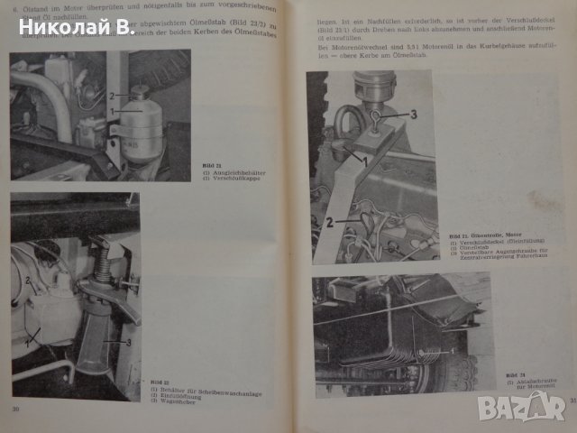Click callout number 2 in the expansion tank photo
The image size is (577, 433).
[112, 95]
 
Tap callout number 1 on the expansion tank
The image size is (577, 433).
[112, 112]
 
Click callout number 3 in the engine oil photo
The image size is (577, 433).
[414, 114]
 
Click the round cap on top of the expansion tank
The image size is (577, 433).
[140, 93]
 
